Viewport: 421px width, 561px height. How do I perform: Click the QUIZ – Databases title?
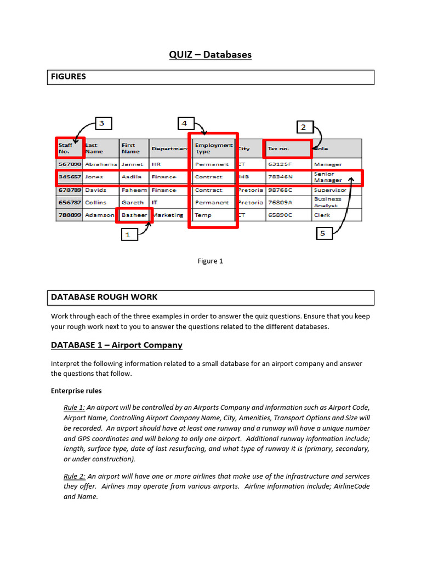pyautogui.click(x=210, y=54)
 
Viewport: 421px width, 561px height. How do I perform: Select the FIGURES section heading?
pyautogui.click(x=69, y=77)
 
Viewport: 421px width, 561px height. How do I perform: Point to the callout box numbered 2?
pyautogui.click(x=303, y=128)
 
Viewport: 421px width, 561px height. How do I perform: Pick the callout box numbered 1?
pyautogui.click(x=128, y=234)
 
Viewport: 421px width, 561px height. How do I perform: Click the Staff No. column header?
pyautogui.click(x=69, y=148)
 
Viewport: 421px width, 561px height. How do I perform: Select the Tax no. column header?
pyautogui.click(x=287, y=148)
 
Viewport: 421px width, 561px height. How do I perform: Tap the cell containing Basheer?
pyautogui.click(x=134, y=215)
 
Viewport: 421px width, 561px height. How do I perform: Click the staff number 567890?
pyautogui.click(x=70, y=164)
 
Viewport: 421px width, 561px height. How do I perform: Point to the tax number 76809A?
pyautogui.click(x=280, y=202)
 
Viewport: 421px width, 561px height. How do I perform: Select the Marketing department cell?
pyautogui.click(x=168, y=215)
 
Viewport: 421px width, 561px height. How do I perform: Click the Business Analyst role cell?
pyautogui.click(x=328, y=202)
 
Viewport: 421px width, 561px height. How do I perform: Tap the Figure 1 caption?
pyautogui.click(x=210, y=261)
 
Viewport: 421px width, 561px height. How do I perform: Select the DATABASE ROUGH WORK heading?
pyautogui.click(x=104, y=297)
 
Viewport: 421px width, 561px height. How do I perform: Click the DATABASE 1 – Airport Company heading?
pyautogui.click(x=117, y=345)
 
